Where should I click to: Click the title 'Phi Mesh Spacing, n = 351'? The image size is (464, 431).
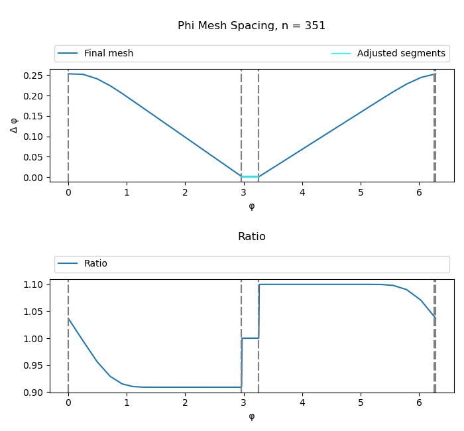click(251, 26)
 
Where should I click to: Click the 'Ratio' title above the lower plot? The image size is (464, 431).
click(251, 237)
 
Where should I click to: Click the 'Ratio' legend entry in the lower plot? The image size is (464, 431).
click(95, 264)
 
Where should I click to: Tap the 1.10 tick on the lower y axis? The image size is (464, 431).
click(35, 284)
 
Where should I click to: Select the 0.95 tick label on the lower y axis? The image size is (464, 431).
click(35, 365)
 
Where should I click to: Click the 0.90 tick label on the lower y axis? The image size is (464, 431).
click(35, 393)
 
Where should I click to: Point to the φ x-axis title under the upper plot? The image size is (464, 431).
click(251, 206)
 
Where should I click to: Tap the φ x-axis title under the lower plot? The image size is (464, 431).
click(251, 416)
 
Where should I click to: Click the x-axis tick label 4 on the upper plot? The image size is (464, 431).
click(302, 193)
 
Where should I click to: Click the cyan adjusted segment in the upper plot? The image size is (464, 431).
click(250, 176)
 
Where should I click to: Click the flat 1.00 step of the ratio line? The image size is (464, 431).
click(250, 338)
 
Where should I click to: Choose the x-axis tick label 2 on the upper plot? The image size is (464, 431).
click(185, 193)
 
